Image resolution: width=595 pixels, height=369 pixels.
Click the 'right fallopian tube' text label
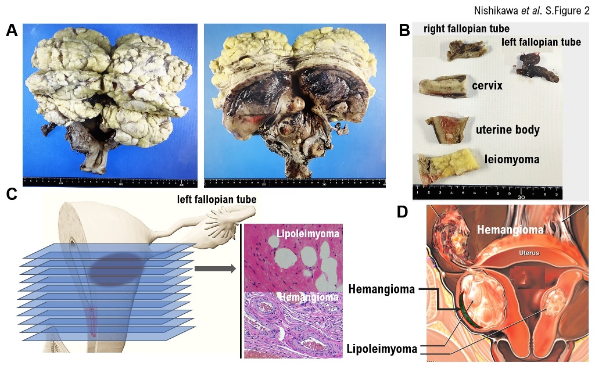coord(467,28)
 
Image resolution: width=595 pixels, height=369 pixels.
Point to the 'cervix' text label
coord(488,86)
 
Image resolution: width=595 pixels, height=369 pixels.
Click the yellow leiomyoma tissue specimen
coord(448,165)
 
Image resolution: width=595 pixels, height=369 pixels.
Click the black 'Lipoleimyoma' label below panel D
coord(382,349)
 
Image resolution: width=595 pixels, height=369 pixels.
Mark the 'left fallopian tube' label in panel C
coord(217,200)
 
